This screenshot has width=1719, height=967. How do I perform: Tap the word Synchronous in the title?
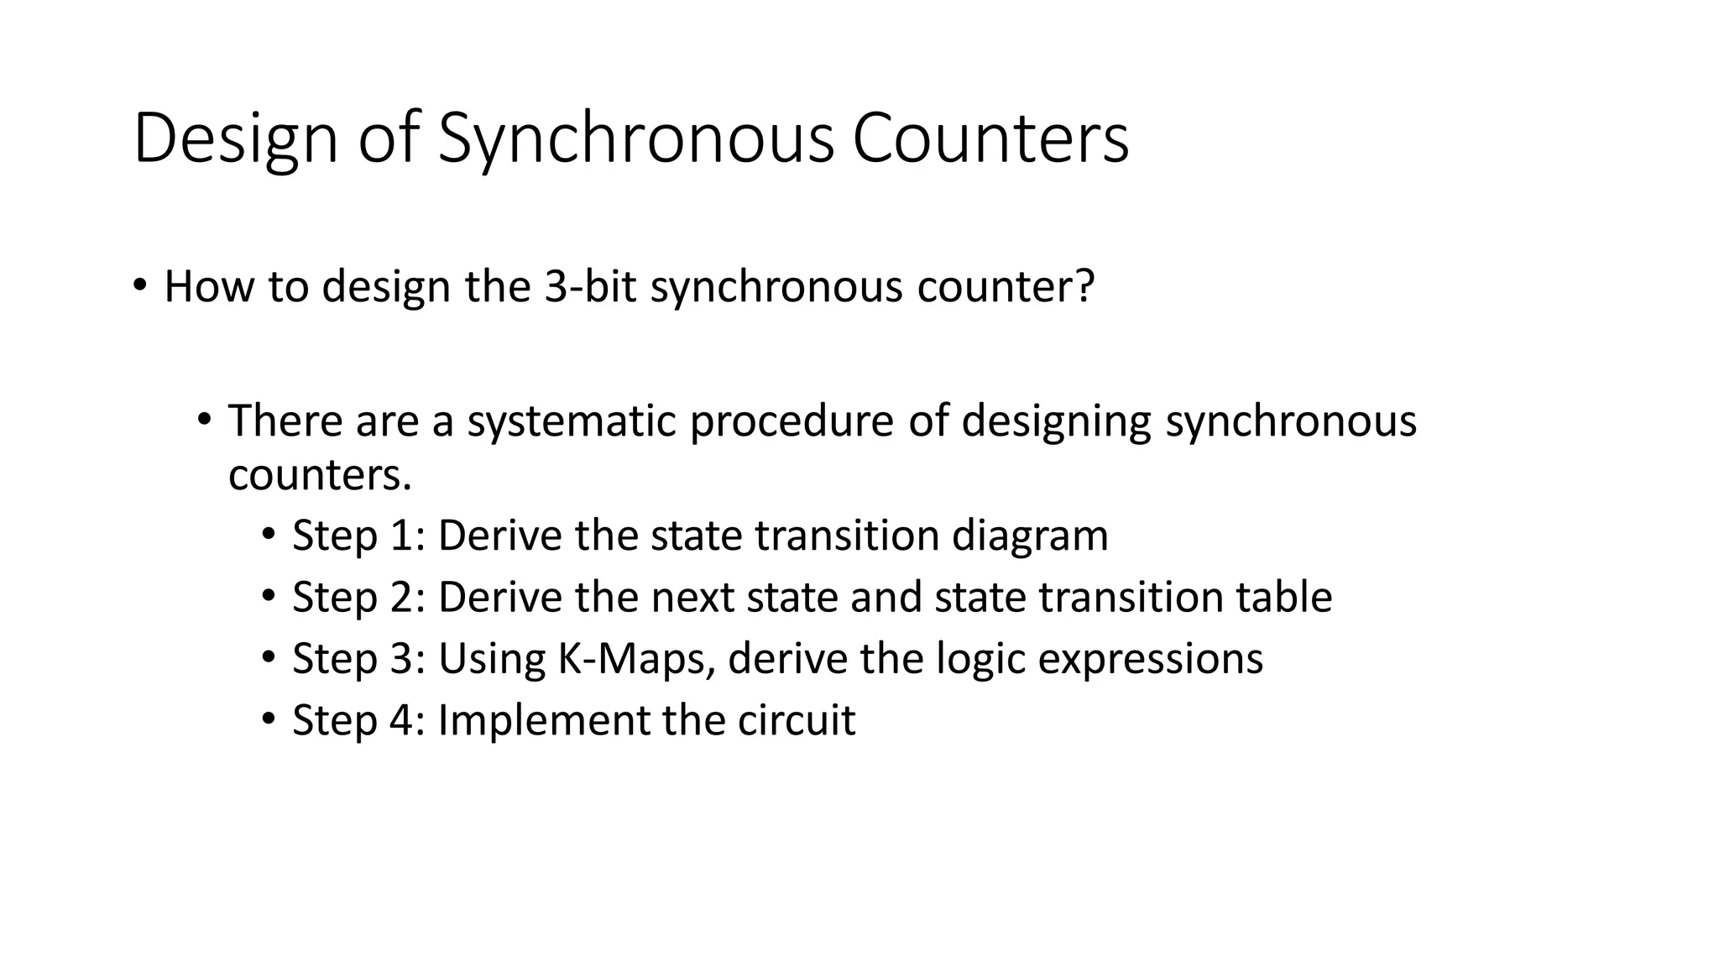pos(636,139)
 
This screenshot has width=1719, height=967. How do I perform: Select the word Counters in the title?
pos(990,139)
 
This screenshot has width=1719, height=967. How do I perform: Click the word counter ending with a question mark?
pos(1006,286)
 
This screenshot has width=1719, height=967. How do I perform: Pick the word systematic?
pos(572,421)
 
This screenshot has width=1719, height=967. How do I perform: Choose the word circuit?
pos(797,720)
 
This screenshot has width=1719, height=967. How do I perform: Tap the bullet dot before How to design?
pos(139,285)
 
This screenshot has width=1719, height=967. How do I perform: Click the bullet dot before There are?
pos(204,419)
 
